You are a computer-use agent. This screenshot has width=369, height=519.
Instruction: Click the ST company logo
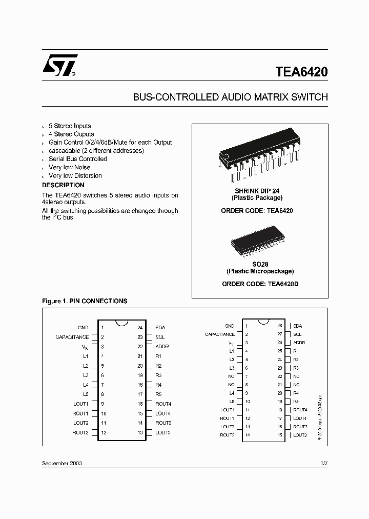tap(59, 66)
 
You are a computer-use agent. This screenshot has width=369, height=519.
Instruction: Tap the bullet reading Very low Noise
tap(69, 167)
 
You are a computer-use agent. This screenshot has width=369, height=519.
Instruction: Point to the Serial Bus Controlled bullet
tap(77, 159)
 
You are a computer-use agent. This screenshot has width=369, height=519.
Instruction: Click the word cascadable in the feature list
tap(64, 151)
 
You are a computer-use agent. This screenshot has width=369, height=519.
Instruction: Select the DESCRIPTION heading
tap(63, 185)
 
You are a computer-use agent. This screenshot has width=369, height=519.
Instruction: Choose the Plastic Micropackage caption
tap(260, 271)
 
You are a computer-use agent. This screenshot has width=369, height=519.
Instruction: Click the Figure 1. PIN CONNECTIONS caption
tap(85, 301)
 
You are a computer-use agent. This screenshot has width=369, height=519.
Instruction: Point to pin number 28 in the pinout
tap(280, 326)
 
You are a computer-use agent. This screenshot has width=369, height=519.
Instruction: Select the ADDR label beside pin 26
tap(299, 343)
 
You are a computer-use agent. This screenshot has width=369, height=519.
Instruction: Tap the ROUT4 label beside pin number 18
tap(163, 404)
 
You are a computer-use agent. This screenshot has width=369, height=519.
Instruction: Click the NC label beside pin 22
tap(296, 376)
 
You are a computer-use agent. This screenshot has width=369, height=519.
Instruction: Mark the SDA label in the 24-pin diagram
tap(160, 327)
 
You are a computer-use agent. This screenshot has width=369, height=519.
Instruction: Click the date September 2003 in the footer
tap(62, 463)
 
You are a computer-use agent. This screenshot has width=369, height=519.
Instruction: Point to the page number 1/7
tap(323, 463)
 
